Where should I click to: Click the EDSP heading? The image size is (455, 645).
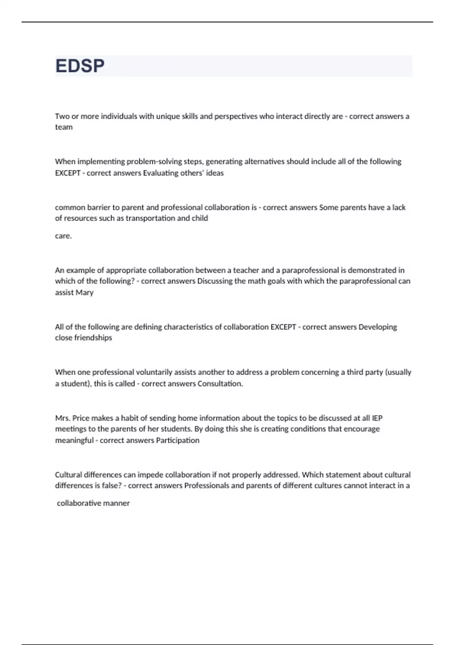point(80,66)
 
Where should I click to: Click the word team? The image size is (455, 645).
point(64,127)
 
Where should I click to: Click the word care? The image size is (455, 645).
point(63,236)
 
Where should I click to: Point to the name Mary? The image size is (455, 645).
point(85,293)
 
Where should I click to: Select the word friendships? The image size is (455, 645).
point(93,338)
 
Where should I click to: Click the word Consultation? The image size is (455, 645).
point(220,384)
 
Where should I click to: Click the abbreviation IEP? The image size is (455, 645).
point(377,418)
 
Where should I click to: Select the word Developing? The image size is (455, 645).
point(378,327)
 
